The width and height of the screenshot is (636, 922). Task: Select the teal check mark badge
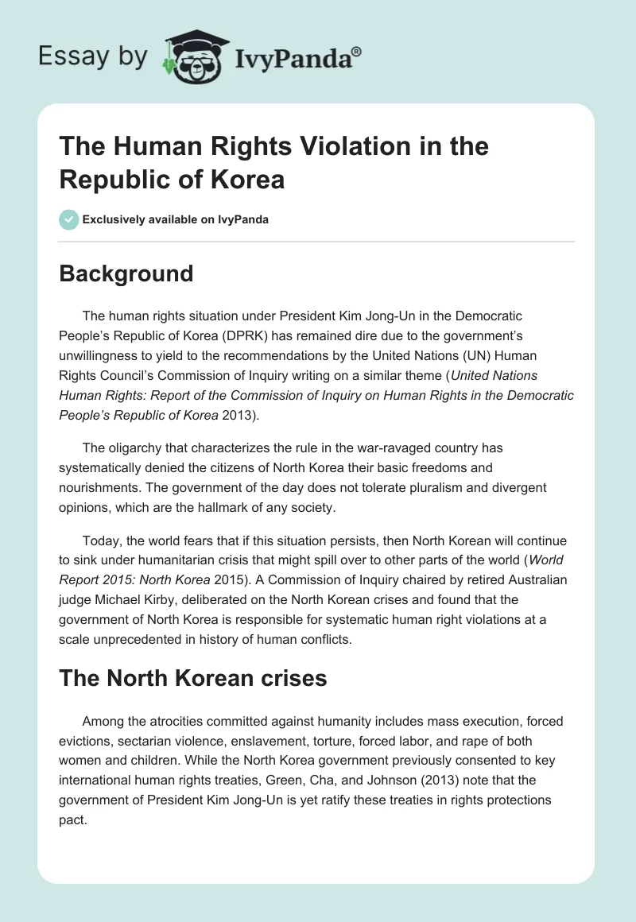point(69,219)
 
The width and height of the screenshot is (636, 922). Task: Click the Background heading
point(126,273)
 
